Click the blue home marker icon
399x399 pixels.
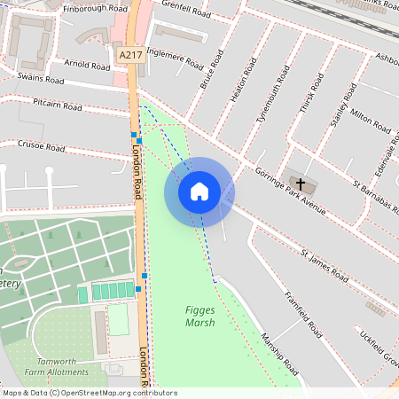point(199,192)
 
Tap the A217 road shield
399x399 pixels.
point(130,55)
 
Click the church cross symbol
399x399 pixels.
point(301,184)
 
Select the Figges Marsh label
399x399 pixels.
point(200,316)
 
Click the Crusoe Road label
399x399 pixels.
point(42,145)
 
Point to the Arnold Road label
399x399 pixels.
point(87,64)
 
